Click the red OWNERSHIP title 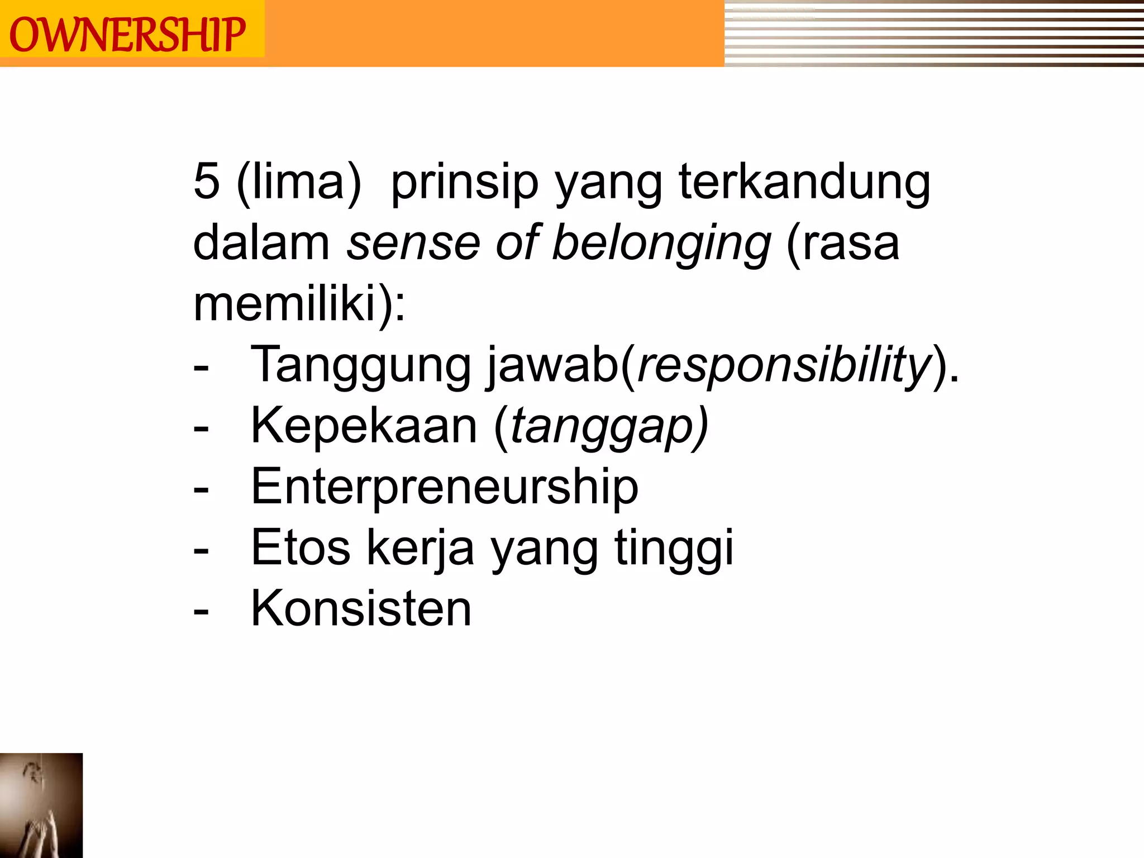pos(127,35)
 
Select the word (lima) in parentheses pos(299,182)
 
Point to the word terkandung pos(804,183)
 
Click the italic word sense pos(413,244)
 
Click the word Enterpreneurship pos(445,487)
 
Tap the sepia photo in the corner pos(41,805)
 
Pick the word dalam pos(261,244)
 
